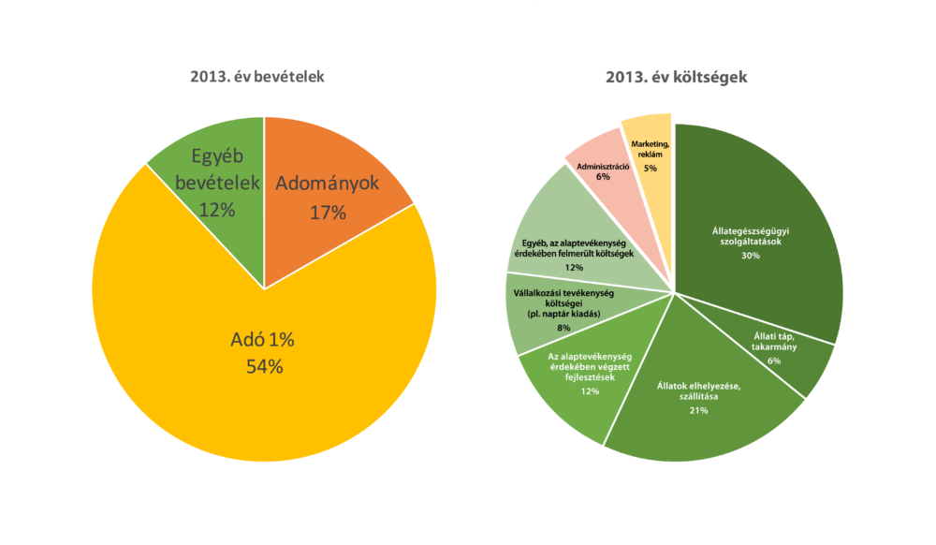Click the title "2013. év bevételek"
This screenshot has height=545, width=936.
256,77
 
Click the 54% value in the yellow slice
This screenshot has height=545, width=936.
263,366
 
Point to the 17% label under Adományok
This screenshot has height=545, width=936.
328,213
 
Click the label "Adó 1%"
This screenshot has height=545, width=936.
263,339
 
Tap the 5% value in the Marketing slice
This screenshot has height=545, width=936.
650,168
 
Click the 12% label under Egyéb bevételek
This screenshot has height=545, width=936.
216,211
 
